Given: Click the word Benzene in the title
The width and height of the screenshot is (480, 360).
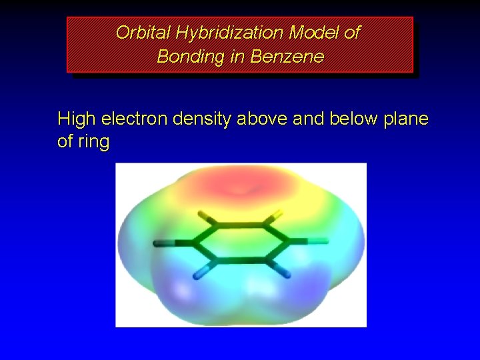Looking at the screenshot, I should tap(287, 57).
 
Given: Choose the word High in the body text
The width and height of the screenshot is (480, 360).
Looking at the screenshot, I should tap(76, 119).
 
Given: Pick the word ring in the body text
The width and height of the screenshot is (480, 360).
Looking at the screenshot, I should tap(93, 142).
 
